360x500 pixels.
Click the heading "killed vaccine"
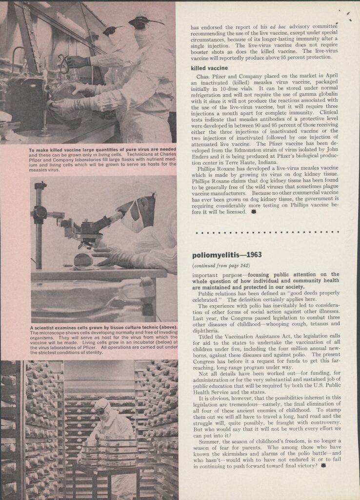209,67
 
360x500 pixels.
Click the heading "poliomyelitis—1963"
227,254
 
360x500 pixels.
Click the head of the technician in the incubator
102,406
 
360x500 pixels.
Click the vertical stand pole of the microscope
38,225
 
